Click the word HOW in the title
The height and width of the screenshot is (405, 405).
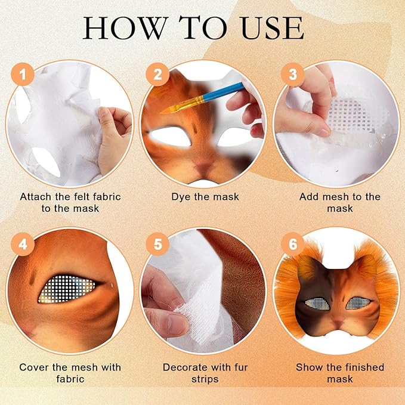coord(123,28)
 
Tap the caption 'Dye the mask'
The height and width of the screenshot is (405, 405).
coord(202,196)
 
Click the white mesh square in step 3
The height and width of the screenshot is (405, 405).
coord(348,113)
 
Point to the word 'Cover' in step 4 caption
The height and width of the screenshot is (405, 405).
coord(34,367)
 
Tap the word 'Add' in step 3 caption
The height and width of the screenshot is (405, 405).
coord(308,196)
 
